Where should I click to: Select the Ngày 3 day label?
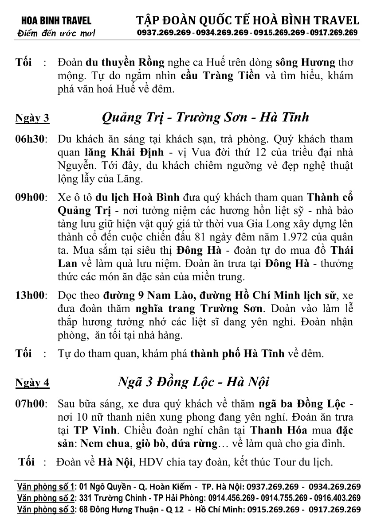pos(32,118)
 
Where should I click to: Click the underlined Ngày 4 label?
pos(32,383)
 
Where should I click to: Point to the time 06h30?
pos(31,139)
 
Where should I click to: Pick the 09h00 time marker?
pos(31,197)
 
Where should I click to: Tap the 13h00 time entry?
pos(31,295)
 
